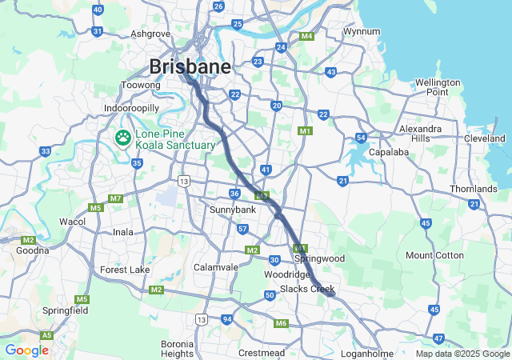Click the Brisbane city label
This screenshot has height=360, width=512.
190,66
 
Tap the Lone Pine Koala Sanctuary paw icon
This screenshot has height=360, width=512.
122,138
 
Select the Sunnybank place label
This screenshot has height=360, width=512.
233,209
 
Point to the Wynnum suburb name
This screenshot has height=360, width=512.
361,31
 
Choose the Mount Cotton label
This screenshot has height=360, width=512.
434,255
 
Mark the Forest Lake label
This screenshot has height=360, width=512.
125,270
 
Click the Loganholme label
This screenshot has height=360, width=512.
366,353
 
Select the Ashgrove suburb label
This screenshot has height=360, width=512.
150,34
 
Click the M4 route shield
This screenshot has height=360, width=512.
306,36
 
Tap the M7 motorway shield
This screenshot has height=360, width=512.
116,198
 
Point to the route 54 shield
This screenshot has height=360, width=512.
361,138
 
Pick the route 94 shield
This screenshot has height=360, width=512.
227,319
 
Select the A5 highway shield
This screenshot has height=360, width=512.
47,335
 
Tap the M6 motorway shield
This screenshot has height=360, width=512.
280,323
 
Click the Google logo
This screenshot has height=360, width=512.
26,350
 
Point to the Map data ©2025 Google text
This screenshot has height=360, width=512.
462,354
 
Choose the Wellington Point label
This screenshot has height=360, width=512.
438,87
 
